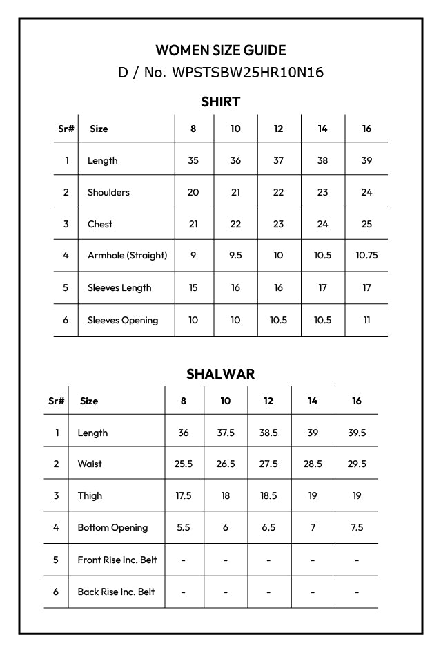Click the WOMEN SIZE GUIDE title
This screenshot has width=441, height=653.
point(220,50)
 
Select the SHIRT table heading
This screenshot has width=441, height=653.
point(220,102)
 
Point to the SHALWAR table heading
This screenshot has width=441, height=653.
point(220,374)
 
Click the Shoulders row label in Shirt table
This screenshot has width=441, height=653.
point(108,192)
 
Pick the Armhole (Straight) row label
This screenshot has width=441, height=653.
point(127,255)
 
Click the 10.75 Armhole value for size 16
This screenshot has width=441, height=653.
point(366,255)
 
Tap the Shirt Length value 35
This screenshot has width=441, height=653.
point(193,160)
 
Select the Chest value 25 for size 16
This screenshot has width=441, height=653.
point(366,224)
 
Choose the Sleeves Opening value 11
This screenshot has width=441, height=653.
point(366,320)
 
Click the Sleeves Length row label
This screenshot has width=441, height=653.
point(119,287)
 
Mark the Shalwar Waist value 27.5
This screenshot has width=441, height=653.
point(268,464)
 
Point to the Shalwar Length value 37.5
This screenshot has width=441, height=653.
point(226,433)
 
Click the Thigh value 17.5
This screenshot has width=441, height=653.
point(183,495)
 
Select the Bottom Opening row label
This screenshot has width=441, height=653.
point(112,527)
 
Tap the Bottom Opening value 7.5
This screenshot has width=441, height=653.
point(357,527)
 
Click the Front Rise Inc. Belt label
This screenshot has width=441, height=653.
point(117,560)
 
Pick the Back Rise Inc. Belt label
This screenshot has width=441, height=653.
point(116,592)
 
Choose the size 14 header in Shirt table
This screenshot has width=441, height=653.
point(322,129)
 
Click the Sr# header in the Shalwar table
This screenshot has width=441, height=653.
point(56,401)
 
